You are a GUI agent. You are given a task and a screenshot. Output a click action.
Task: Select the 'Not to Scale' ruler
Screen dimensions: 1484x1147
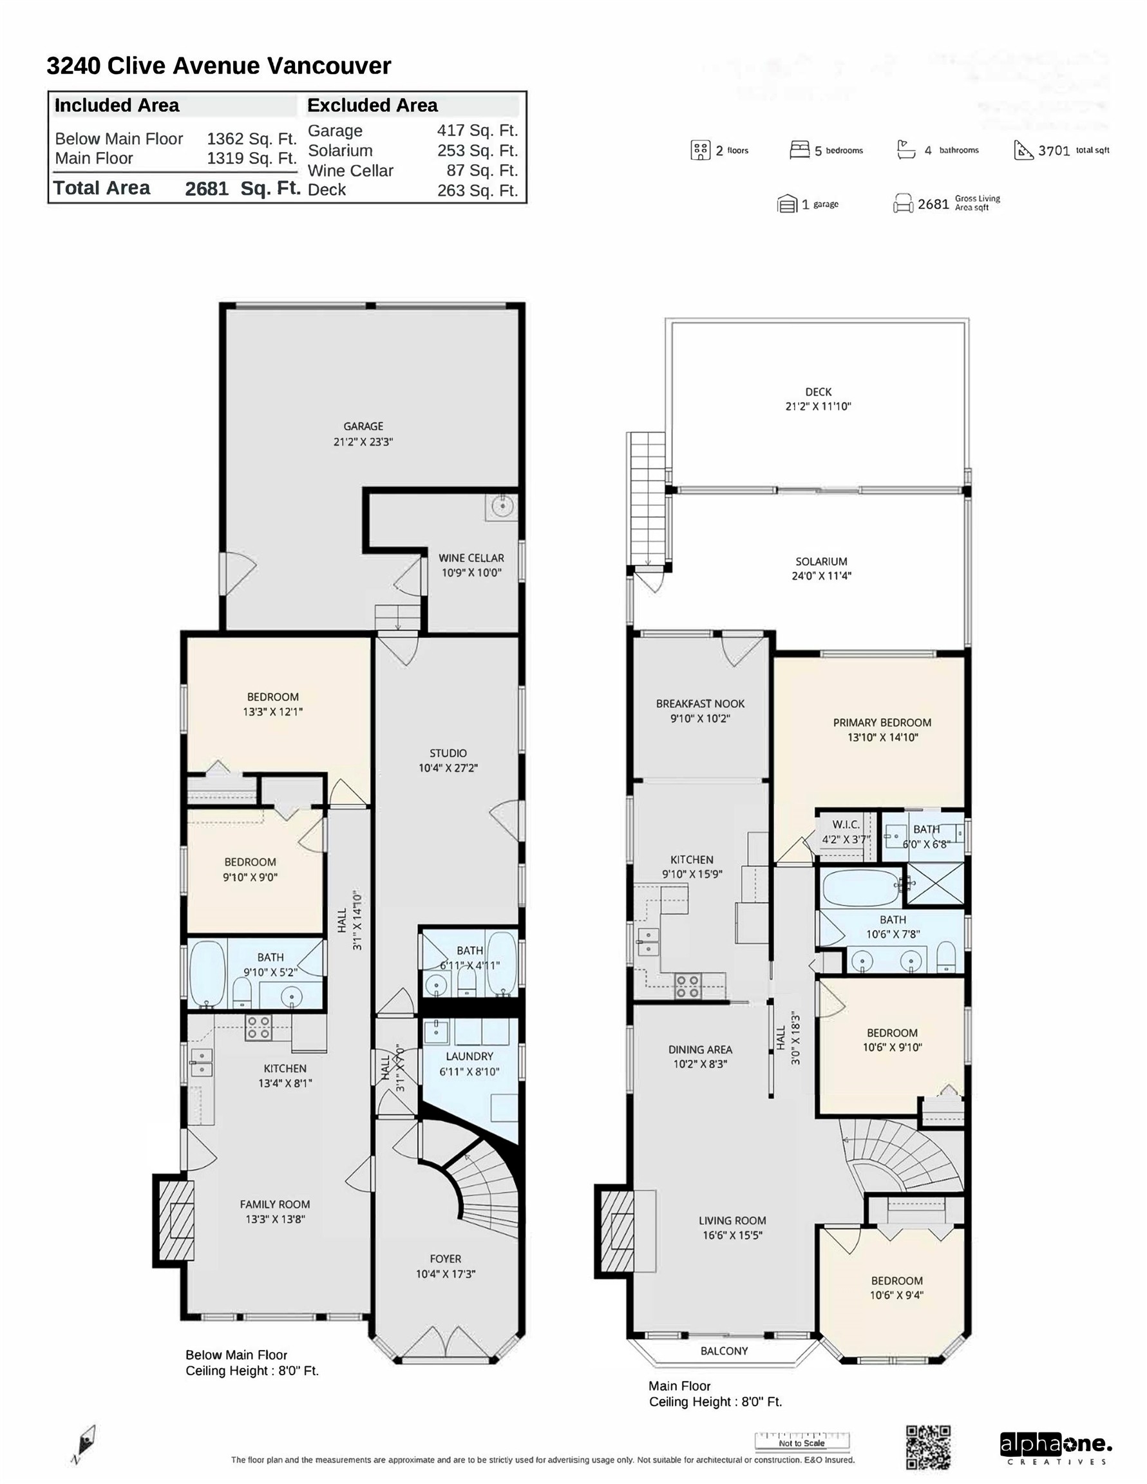(802, 1442)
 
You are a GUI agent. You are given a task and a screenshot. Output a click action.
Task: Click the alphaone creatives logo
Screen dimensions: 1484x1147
(1056, 1448)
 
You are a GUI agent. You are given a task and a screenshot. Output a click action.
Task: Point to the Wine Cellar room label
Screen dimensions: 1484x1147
(471, 558)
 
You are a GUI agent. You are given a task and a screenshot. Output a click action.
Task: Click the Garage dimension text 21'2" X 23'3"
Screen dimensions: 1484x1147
(363, 442)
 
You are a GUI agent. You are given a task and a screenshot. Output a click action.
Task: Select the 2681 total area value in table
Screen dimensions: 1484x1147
(207, 189)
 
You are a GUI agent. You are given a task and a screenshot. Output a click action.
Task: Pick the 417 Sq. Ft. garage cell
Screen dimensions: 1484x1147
(477, 131)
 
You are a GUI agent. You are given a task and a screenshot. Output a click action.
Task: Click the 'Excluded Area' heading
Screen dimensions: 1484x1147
(372, 106)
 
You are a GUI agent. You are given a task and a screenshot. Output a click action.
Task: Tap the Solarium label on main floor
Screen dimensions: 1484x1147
(821, 561)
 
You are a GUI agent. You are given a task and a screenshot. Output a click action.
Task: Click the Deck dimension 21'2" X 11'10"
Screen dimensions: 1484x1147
(818, 406)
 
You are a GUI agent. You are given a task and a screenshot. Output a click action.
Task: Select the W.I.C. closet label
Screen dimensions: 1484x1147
(846, 824)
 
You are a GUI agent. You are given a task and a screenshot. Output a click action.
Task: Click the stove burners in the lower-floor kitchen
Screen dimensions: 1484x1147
(258, 1027)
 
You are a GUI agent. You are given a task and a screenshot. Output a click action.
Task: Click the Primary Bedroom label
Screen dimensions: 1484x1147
(882, 722)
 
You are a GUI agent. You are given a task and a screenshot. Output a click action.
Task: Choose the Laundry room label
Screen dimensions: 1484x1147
(469, 1056)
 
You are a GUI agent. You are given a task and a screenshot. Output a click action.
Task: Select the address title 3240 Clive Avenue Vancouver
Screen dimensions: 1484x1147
(219, 66)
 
